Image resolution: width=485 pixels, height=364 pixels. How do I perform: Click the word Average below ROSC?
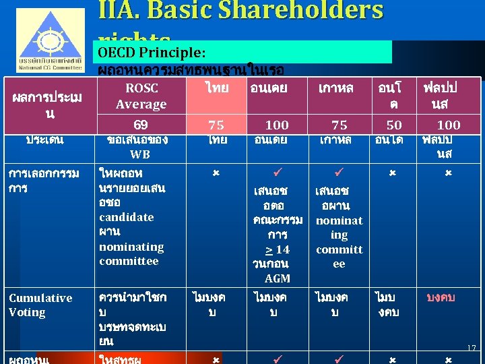click(141, 104)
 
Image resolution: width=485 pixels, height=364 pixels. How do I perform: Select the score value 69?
click(141, 125)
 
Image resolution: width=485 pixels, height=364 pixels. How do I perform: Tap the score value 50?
click(394, 125)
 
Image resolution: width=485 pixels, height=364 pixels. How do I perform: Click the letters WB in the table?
click(140, 154)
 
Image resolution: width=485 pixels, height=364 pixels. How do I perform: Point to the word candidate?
click(127, 217)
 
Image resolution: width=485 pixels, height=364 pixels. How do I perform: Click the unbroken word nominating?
click(131, 247)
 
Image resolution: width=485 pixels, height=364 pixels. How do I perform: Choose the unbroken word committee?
click(129, 261)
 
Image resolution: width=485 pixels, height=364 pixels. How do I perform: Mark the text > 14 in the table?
click(278, 249)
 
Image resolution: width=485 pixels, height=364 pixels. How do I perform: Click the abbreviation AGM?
click(278, 278)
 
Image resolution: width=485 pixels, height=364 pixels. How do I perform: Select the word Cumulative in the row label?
click(40, 298)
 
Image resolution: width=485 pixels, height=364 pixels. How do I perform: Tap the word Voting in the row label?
click(27, 312)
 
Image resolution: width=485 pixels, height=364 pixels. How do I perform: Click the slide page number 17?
click(472, 348)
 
